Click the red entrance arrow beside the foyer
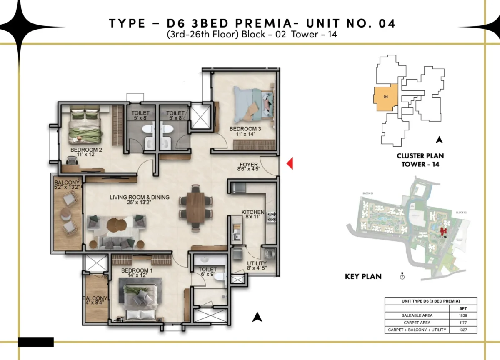click(290, 164)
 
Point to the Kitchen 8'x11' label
click(253, 215)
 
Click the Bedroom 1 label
click(137, 273)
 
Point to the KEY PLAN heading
click(363, 276)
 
